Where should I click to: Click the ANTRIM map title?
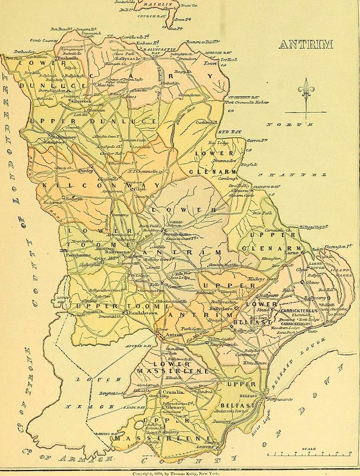click(306, 45)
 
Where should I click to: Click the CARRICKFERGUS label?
click(299, 310)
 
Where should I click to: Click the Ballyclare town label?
click(220, 308)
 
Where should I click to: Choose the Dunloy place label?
click(86, 171)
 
